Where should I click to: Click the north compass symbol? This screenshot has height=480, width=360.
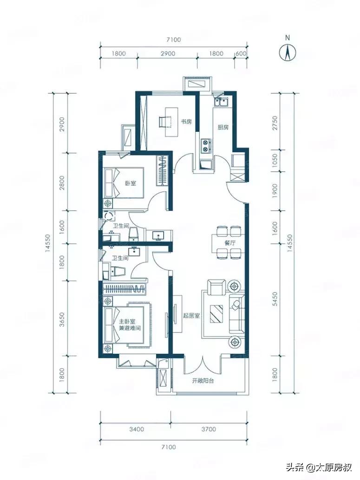(288, 52)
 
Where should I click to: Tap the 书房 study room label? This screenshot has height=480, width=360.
(186, 122)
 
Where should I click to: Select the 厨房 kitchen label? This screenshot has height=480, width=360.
(223, 127)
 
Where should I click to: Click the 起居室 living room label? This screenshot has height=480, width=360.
(191, 316)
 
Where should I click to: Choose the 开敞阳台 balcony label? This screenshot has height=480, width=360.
(203, 381)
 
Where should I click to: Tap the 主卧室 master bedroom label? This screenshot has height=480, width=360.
(127, 322)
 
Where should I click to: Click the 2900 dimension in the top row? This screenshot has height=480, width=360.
(168, 53)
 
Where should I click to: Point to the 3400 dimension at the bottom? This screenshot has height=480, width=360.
(137, 429)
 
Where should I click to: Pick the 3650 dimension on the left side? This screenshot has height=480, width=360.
(62, 319)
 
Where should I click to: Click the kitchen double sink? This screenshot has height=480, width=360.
(221, 102)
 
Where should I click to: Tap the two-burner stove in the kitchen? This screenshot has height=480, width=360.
(206, 146)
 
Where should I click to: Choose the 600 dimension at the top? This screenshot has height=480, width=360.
(241, 53)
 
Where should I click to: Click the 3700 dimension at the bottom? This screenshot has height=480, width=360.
(209, 429)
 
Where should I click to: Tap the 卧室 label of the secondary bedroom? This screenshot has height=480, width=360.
(130, 183)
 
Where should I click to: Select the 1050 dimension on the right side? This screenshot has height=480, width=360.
(275, 160)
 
